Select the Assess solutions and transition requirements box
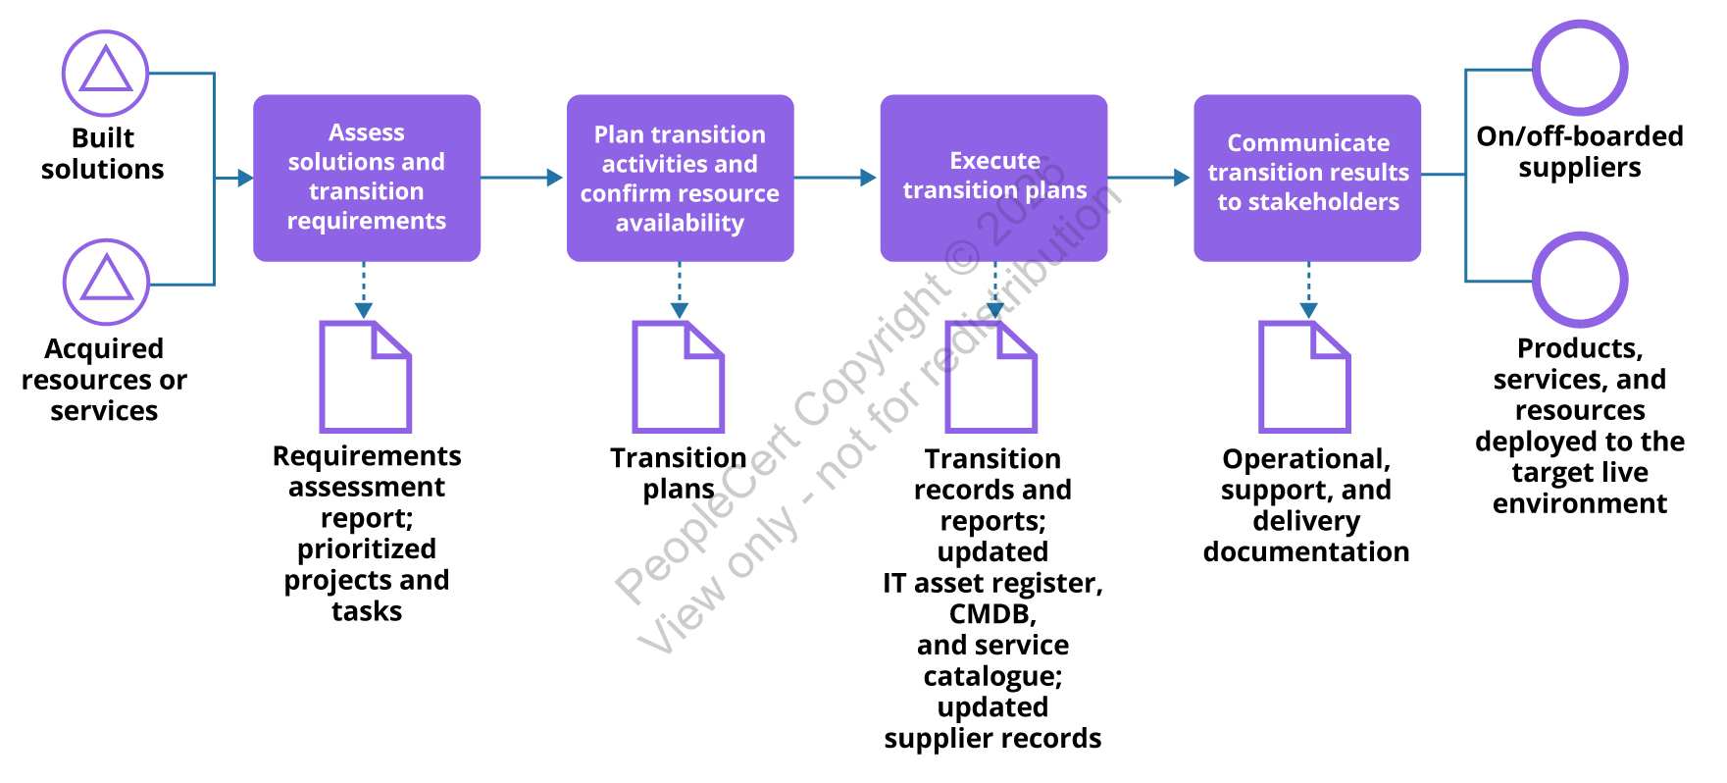point(367,178)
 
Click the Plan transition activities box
point(680,178)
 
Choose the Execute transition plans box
point(993,178)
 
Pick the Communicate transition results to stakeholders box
point(1307,178)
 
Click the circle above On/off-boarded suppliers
point(1579,69)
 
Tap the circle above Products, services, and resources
point(1579,280)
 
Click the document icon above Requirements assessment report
point(365,377)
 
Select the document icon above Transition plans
point(678,377)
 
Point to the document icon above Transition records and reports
point(990,377)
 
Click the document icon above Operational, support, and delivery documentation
point(1304,377)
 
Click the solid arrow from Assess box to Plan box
point(522,178)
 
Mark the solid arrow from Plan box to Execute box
point(836,178)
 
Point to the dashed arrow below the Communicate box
point(1308,290)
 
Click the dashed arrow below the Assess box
point(364,290)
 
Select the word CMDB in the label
point(991,614)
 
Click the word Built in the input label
point(103,138)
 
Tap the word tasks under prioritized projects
point(367,611)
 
